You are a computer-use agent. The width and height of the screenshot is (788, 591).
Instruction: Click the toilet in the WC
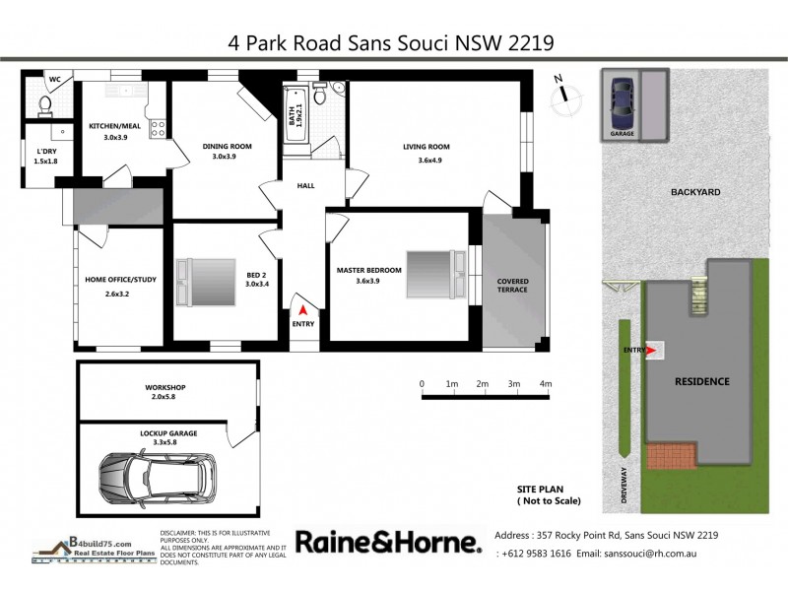click(44, 103)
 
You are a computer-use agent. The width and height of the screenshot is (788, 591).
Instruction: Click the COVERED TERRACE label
click(511, 286)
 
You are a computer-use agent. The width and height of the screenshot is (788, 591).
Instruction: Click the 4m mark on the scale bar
click(545, 384)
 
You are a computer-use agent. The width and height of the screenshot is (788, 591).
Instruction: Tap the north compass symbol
click(563, 91)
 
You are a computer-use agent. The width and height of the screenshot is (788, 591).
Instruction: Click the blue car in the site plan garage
click(621, 99)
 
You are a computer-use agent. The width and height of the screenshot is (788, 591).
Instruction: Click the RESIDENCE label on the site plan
click(700, 380)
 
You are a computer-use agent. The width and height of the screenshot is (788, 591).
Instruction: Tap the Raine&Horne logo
click(388, 543)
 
